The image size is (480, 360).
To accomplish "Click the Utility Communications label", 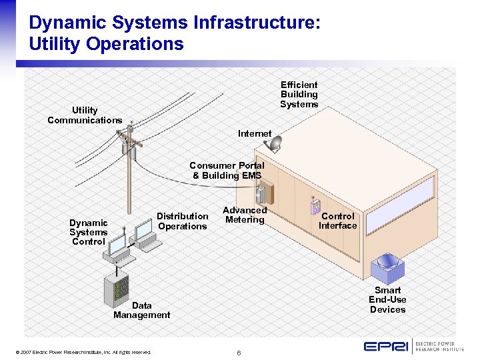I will point(85,115).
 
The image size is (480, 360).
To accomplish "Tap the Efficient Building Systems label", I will point(299,94).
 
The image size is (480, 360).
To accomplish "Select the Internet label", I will point(255,133).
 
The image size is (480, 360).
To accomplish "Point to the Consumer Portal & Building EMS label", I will point(227,170).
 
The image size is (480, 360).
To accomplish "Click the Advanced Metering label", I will point(245,215).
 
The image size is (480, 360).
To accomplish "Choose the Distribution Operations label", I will point(183,221).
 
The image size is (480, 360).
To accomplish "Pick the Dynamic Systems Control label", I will point(88,232).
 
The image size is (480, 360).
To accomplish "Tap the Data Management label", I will point(141,310).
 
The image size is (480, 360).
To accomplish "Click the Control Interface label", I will point(337,221).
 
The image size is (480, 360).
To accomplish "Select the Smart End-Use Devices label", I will point(387,299).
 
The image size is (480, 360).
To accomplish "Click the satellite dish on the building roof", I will point(275,142).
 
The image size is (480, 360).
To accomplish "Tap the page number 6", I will point(239,351).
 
